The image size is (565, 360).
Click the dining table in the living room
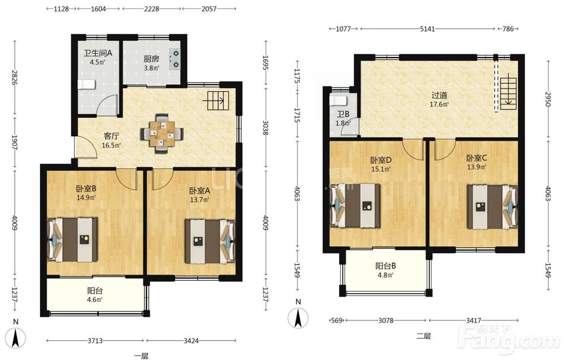pyautogui.click(x=162, y=133)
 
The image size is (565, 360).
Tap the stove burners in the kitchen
pyautogui.click(x=176, y=59)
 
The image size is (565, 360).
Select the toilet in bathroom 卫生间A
pyautogui.click(x=86, y=85)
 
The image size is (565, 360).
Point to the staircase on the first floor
pyautogui.click(x=218, y=101)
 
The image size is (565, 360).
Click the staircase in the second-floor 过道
pyautogui.click(x=508, y=91)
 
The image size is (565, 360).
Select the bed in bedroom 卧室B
pyautogui.click(x=72, y=239)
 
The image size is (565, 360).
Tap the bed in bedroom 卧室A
pyautogui.click(x=210, y=241)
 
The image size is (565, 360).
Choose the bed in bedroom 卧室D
pyautogui.click(x=355, y=206)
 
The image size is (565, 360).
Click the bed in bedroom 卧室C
pyautogui.click(x=493, y=206)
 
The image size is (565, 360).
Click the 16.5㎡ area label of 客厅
pyautogui.click(x=111, y=146)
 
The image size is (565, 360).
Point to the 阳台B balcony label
pyautogui.click(x=385, y=266)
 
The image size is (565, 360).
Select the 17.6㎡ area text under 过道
pyautogui.click(x=439, y=105)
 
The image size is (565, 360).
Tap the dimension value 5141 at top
pyautogui.click(x=427, y=29)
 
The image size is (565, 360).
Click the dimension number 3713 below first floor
pyautogui.click(x=95, y=341)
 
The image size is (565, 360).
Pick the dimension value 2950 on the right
pyautogui.click(x=548, y=99)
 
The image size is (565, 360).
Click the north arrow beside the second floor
pyautogui.click(x=298, y=318)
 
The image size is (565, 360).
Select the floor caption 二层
pyautogui.click(x=423, y=336)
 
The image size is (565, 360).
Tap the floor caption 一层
pyautogui.click(x=141, y=356)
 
